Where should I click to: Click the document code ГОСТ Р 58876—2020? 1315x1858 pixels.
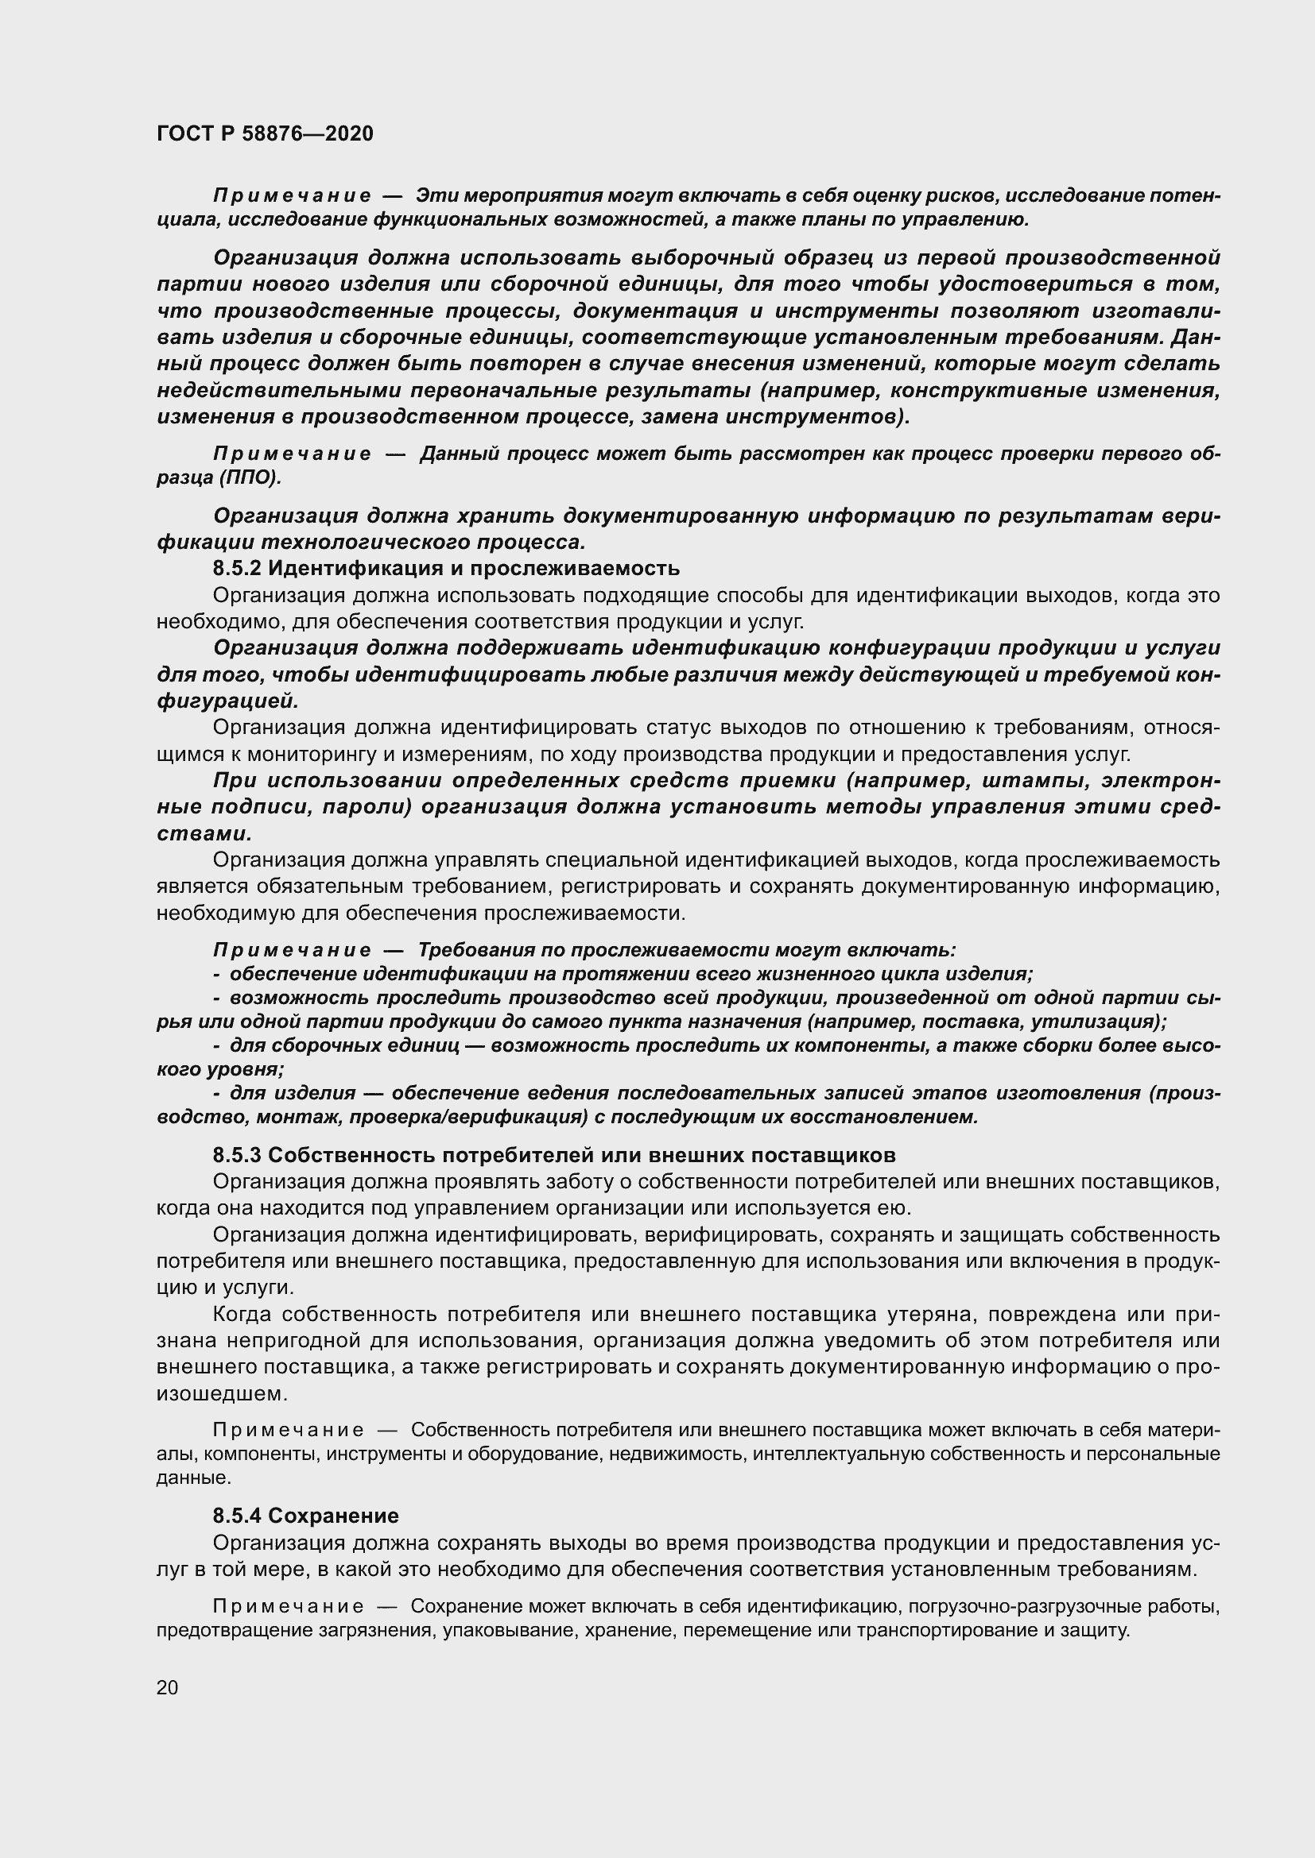[265, 134]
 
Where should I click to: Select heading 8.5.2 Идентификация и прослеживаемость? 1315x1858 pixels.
[445, 568]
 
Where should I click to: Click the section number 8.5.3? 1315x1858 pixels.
[237, 1155]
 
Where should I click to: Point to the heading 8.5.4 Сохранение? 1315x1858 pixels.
[306, 1516]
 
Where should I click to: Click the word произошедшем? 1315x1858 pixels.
[221, 1395]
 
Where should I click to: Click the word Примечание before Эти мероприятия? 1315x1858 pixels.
[293, 196]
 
